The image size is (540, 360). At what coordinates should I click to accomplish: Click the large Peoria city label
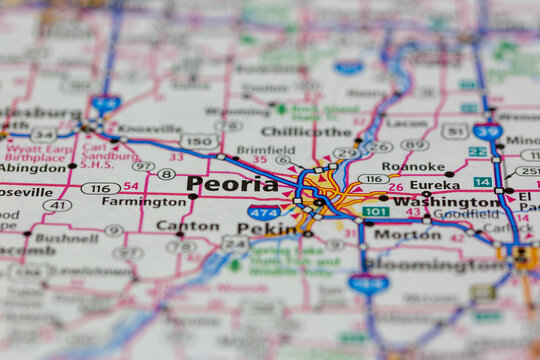point(232,184)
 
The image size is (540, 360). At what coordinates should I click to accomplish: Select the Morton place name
point(406,234)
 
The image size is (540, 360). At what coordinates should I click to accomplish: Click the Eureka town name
point(435,185)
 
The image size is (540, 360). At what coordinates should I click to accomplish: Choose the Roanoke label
point(413,167)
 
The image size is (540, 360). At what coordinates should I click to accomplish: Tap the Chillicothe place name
point(307,131)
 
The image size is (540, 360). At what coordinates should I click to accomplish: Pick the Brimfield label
point(238,150)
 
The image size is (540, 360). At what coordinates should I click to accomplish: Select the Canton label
point(187,226)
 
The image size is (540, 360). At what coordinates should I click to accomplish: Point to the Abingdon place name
point(32,169)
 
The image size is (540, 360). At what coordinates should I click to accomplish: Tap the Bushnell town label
point(66,239)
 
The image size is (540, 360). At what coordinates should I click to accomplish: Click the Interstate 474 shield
point(264,212)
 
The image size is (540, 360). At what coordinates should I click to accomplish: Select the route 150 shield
point(199,141)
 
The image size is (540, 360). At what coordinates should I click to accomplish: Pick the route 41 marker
point(58,206)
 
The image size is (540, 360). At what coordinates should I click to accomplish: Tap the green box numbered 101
point(375,212)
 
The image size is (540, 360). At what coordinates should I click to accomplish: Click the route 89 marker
point(415,145)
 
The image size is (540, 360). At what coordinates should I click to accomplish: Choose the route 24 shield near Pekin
point(234,243)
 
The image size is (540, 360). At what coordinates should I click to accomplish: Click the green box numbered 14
point(483,182)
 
